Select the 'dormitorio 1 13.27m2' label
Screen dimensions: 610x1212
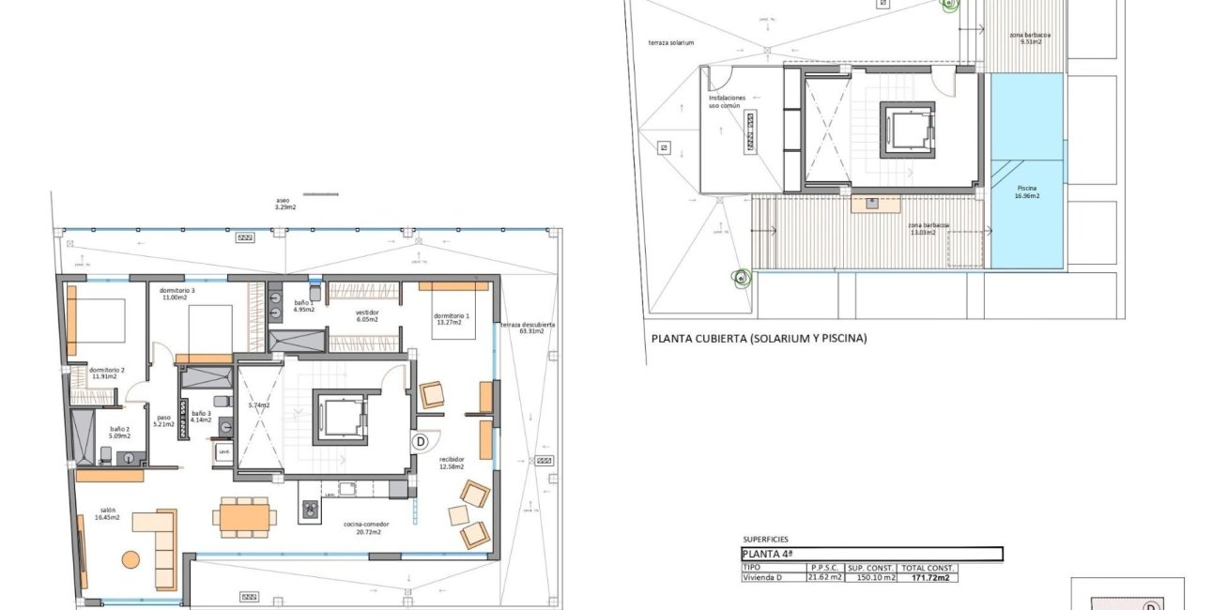click(x=451, y=319)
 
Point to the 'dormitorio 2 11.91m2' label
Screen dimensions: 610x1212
click(x=108, y=374)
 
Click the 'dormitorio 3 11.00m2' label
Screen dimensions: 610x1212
click(x=178, y=294)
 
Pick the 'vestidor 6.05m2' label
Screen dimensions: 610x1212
click(x=367, y=315)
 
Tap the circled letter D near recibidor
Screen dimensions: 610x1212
click(x=421, y=441)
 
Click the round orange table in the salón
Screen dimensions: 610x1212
click(x=130, y=559)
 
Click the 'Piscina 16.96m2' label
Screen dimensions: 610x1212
click(x=1027, y=191)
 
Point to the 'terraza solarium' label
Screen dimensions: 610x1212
click(x=670, y=43)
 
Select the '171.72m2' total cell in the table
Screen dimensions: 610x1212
click(x=928, y=578)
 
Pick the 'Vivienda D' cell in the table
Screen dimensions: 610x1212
click(x=763, y=578)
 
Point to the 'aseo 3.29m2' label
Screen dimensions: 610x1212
click(x=283, y=204)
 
